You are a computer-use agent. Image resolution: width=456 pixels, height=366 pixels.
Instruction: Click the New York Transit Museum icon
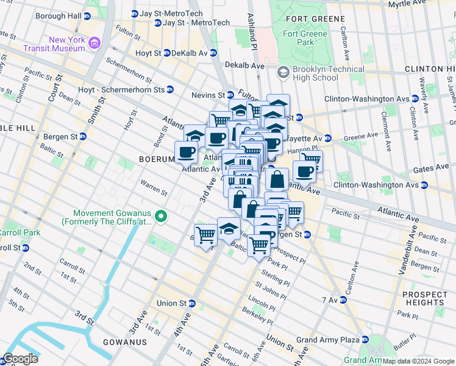click(x=94, y=43)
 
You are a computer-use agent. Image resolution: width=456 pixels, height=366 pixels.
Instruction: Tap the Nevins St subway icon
click(x=230, y=95)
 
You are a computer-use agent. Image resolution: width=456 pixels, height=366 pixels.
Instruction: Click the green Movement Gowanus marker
click(x=161, y=217)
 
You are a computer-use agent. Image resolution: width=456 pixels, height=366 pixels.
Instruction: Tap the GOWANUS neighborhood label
click(x=125, y=342)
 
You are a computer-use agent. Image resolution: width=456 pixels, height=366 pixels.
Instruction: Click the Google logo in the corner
click(x=20, y=359)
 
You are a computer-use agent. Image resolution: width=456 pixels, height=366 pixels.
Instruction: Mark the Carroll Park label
click(x=13, y=232)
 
